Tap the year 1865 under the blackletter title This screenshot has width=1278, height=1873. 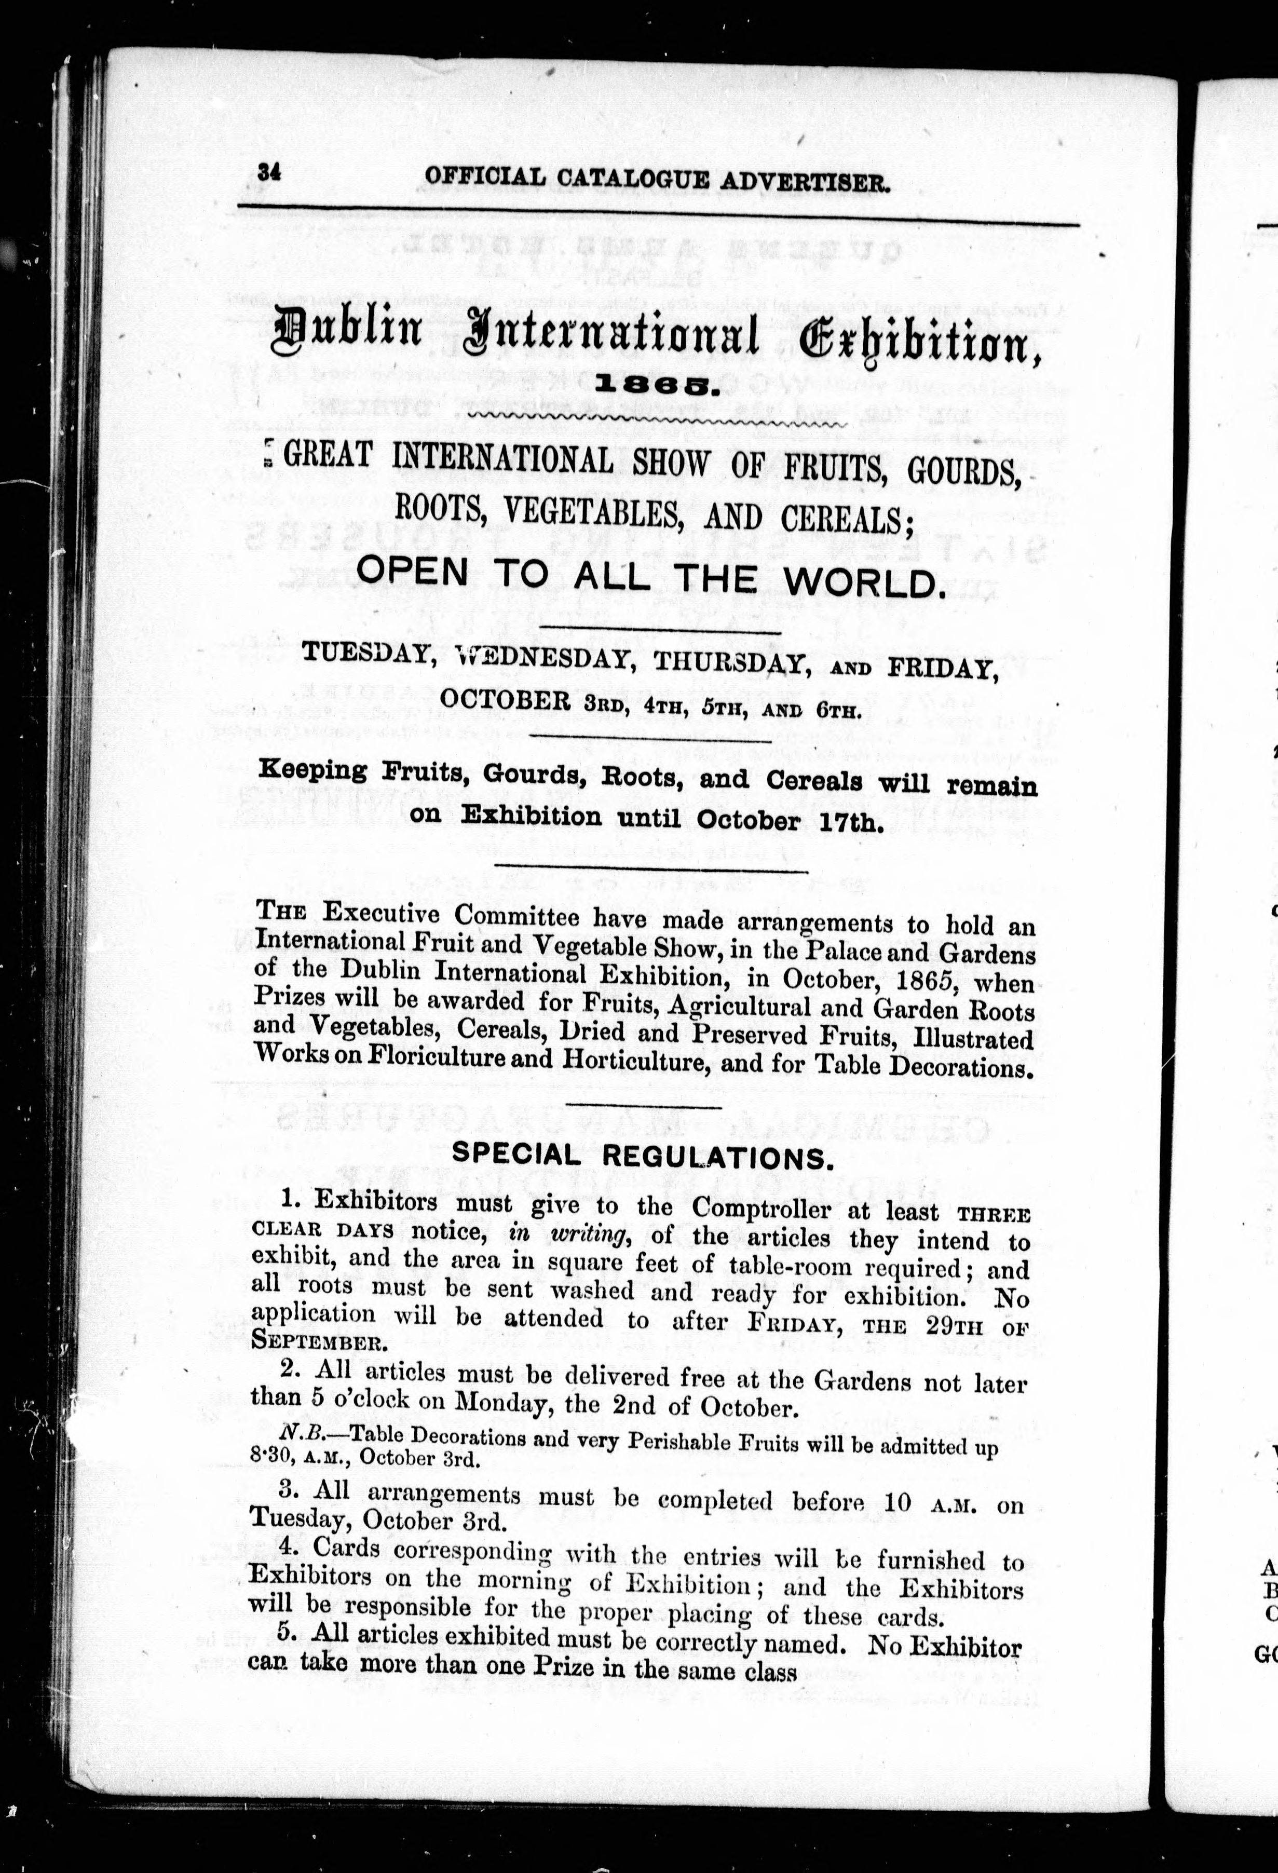click(656, 388)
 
